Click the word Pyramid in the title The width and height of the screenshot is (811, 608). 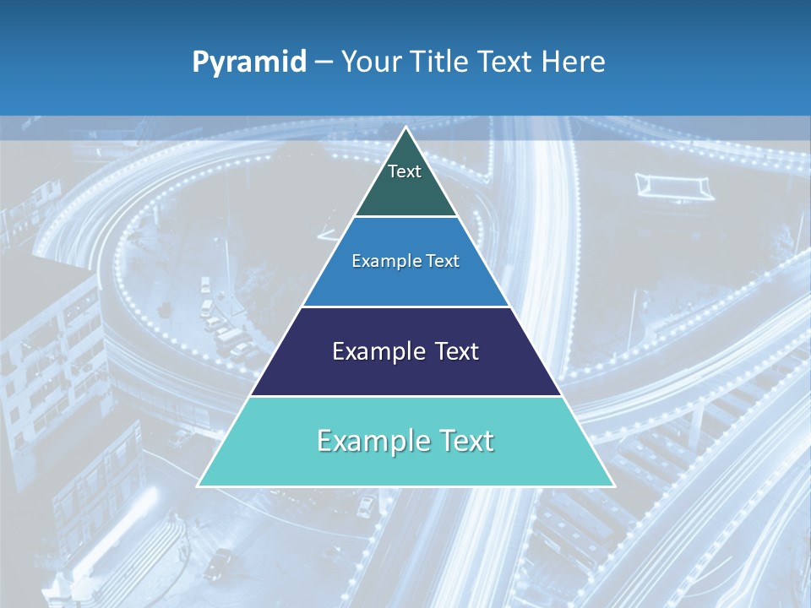click(x=249, y=62)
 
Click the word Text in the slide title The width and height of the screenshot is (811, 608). click(x=505, y=62)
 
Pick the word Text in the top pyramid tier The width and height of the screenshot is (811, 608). click(x=405, y=171)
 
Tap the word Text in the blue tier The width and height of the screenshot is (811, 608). click(x=443, y=261)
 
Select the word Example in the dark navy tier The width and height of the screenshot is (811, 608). click(x=376, y=351)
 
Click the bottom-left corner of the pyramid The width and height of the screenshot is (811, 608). click(x=198, y=486)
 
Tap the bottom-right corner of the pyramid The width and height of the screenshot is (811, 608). click(x=614, y=486)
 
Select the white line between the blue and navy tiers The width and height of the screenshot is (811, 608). click(x=405, y=307)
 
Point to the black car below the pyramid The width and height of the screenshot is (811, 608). click(x=219, y=560)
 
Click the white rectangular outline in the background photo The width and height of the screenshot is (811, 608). click(x=674, y=186)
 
